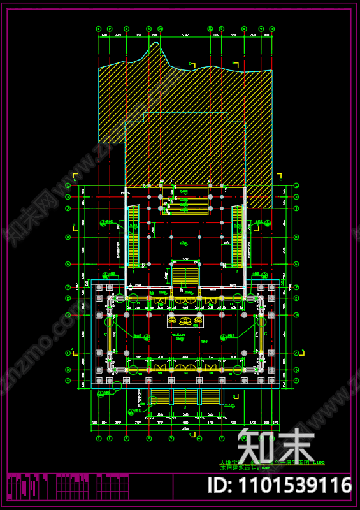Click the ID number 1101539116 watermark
coord(280,486)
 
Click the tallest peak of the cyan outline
coord(154,43)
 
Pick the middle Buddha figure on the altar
coord(185,321)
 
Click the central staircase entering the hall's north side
coord(185,276)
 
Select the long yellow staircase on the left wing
coord(133,236)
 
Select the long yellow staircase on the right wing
coord(238,236)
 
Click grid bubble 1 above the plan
coord(99,29)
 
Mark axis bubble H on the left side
coord(68,237)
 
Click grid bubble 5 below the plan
coord(171,439)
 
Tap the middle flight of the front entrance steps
coord(185,397)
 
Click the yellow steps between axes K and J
coord(185,203)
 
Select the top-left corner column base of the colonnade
coord(99,288)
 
